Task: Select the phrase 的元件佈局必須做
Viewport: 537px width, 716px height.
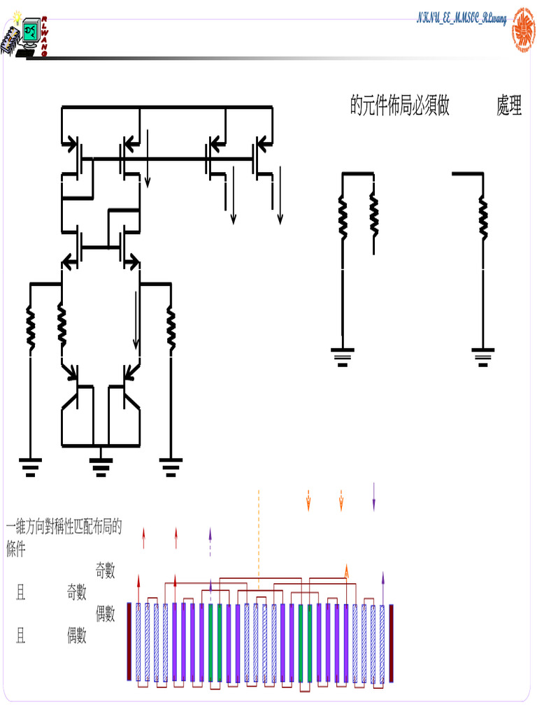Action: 399,106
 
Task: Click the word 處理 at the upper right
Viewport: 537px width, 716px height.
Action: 509,106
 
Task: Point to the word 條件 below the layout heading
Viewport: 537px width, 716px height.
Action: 16,550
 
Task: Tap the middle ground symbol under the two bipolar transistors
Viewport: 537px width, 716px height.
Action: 101,465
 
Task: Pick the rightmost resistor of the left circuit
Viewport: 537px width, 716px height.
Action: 170,327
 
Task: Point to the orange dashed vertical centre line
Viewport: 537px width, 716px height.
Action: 259,538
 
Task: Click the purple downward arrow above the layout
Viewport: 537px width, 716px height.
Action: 374,496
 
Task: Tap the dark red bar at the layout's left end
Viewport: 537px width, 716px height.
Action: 129,641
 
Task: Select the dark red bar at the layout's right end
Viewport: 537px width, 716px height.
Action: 392,641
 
